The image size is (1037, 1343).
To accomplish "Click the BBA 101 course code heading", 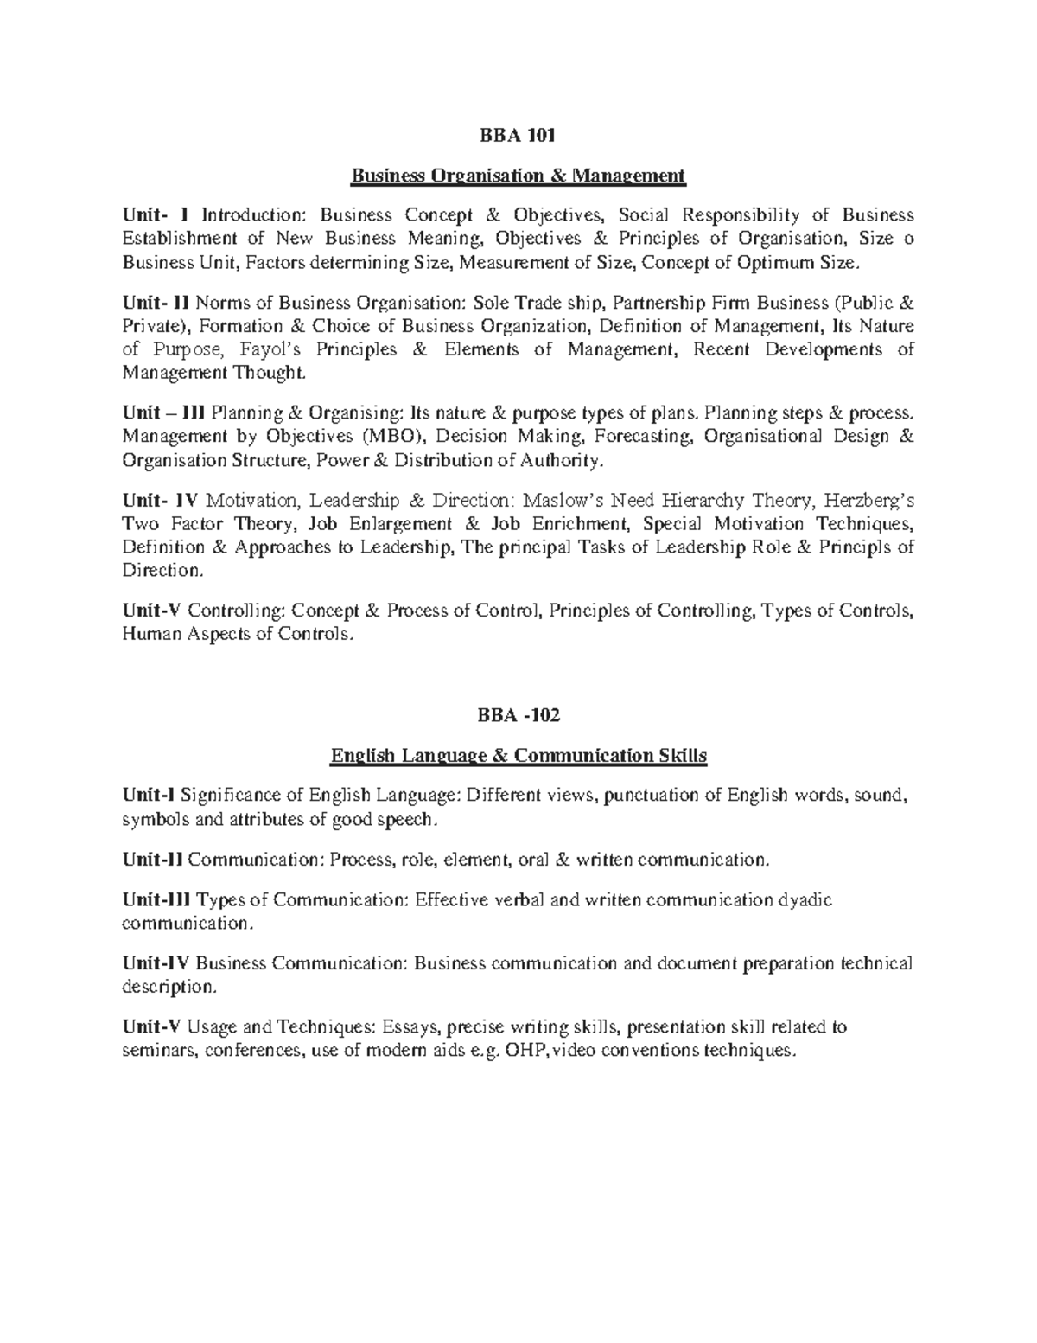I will [518, 136].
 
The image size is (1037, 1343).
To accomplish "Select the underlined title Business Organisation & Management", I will [518, 177].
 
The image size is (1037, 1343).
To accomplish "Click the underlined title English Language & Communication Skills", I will [518, 757].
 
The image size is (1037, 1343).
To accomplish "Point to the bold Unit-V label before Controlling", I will [151, 611].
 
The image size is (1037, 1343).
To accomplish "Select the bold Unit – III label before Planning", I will [164, 413].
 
